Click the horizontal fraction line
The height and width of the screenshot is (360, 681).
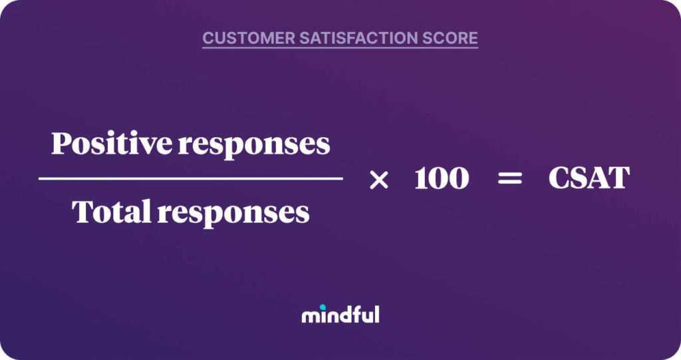(190, 178)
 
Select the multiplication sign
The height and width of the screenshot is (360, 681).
(378, 179)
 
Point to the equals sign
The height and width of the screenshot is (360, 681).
(510, 179)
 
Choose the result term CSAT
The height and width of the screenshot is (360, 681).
(589, 178)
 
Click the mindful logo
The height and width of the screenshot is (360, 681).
(340, 314)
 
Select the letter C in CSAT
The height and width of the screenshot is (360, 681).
(559, 178)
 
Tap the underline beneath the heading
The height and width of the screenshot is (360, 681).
(340, 48)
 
